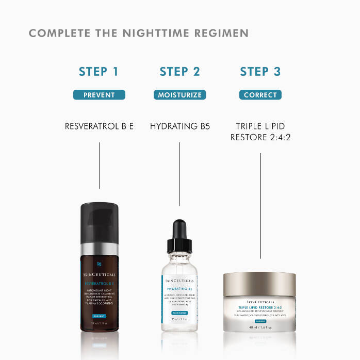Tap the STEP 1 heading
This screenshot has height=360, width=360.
[99, 72]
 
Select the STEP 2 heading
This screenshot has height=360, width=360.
[179, 72]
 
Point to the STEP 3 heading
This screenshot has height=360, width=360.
[260, 72]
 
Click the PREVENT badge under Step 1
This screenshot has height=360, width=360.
[99, 95]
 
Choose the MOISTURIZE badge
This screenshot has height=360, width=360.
[179, 95]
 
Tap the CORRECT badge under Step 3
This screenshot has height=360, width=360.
[260, 95]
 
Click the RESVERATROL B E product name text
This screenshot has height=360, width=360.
[99, 126]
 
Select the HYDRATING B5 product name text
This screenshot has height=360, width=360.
[179, 126]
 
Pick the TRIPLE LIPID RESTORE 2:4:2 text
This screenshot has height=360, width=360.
[260, 132]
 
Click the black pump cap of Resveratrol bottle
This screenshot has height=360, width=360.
[100, 222]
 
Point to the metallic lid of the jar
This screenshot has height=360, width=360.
[259, 283]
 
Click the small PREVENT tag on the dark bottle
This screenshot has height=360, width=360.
[100, 316]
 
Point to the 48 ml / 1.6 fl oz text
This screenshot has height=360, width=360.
[259, 326]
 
